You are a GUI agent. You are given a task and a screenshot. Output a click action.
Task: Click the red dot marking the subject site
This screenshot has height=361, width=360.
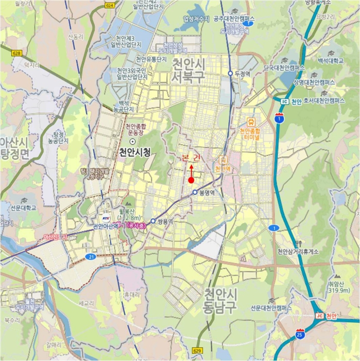pyautogui.click(x=191, y=180)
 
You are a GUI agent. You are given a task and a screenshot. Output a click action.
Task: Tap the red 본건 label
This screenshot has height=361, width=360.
pyautogui.click(x=191, y=158)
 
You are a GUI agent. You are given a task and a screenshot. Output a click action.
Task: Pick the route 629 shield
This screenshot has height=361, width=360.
pyautogui.click(x=196, y=351)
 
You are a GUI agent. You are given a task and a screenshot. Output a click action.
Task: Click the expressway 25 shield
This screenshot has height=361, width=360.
pyautogui.click(x=300, y=335)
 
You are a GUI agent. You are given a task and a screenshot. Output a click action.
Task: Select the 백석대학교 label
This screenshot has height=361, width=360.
pyautogui.click(x=331, y=60)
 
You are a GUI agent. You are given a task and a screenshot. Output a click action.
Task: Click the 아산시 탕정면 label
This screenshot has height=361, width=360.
pyautogui.click(x=15, y=149)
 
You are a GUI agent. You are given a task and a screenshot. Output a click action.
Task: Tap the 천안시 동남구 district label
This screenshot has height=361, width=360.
pyautogui.click(x=220, y=301)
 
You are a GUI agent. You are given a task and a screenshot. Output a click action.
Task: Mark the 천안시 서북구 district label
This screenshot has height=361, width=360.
pyautogui.click(x=188, y=71)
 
